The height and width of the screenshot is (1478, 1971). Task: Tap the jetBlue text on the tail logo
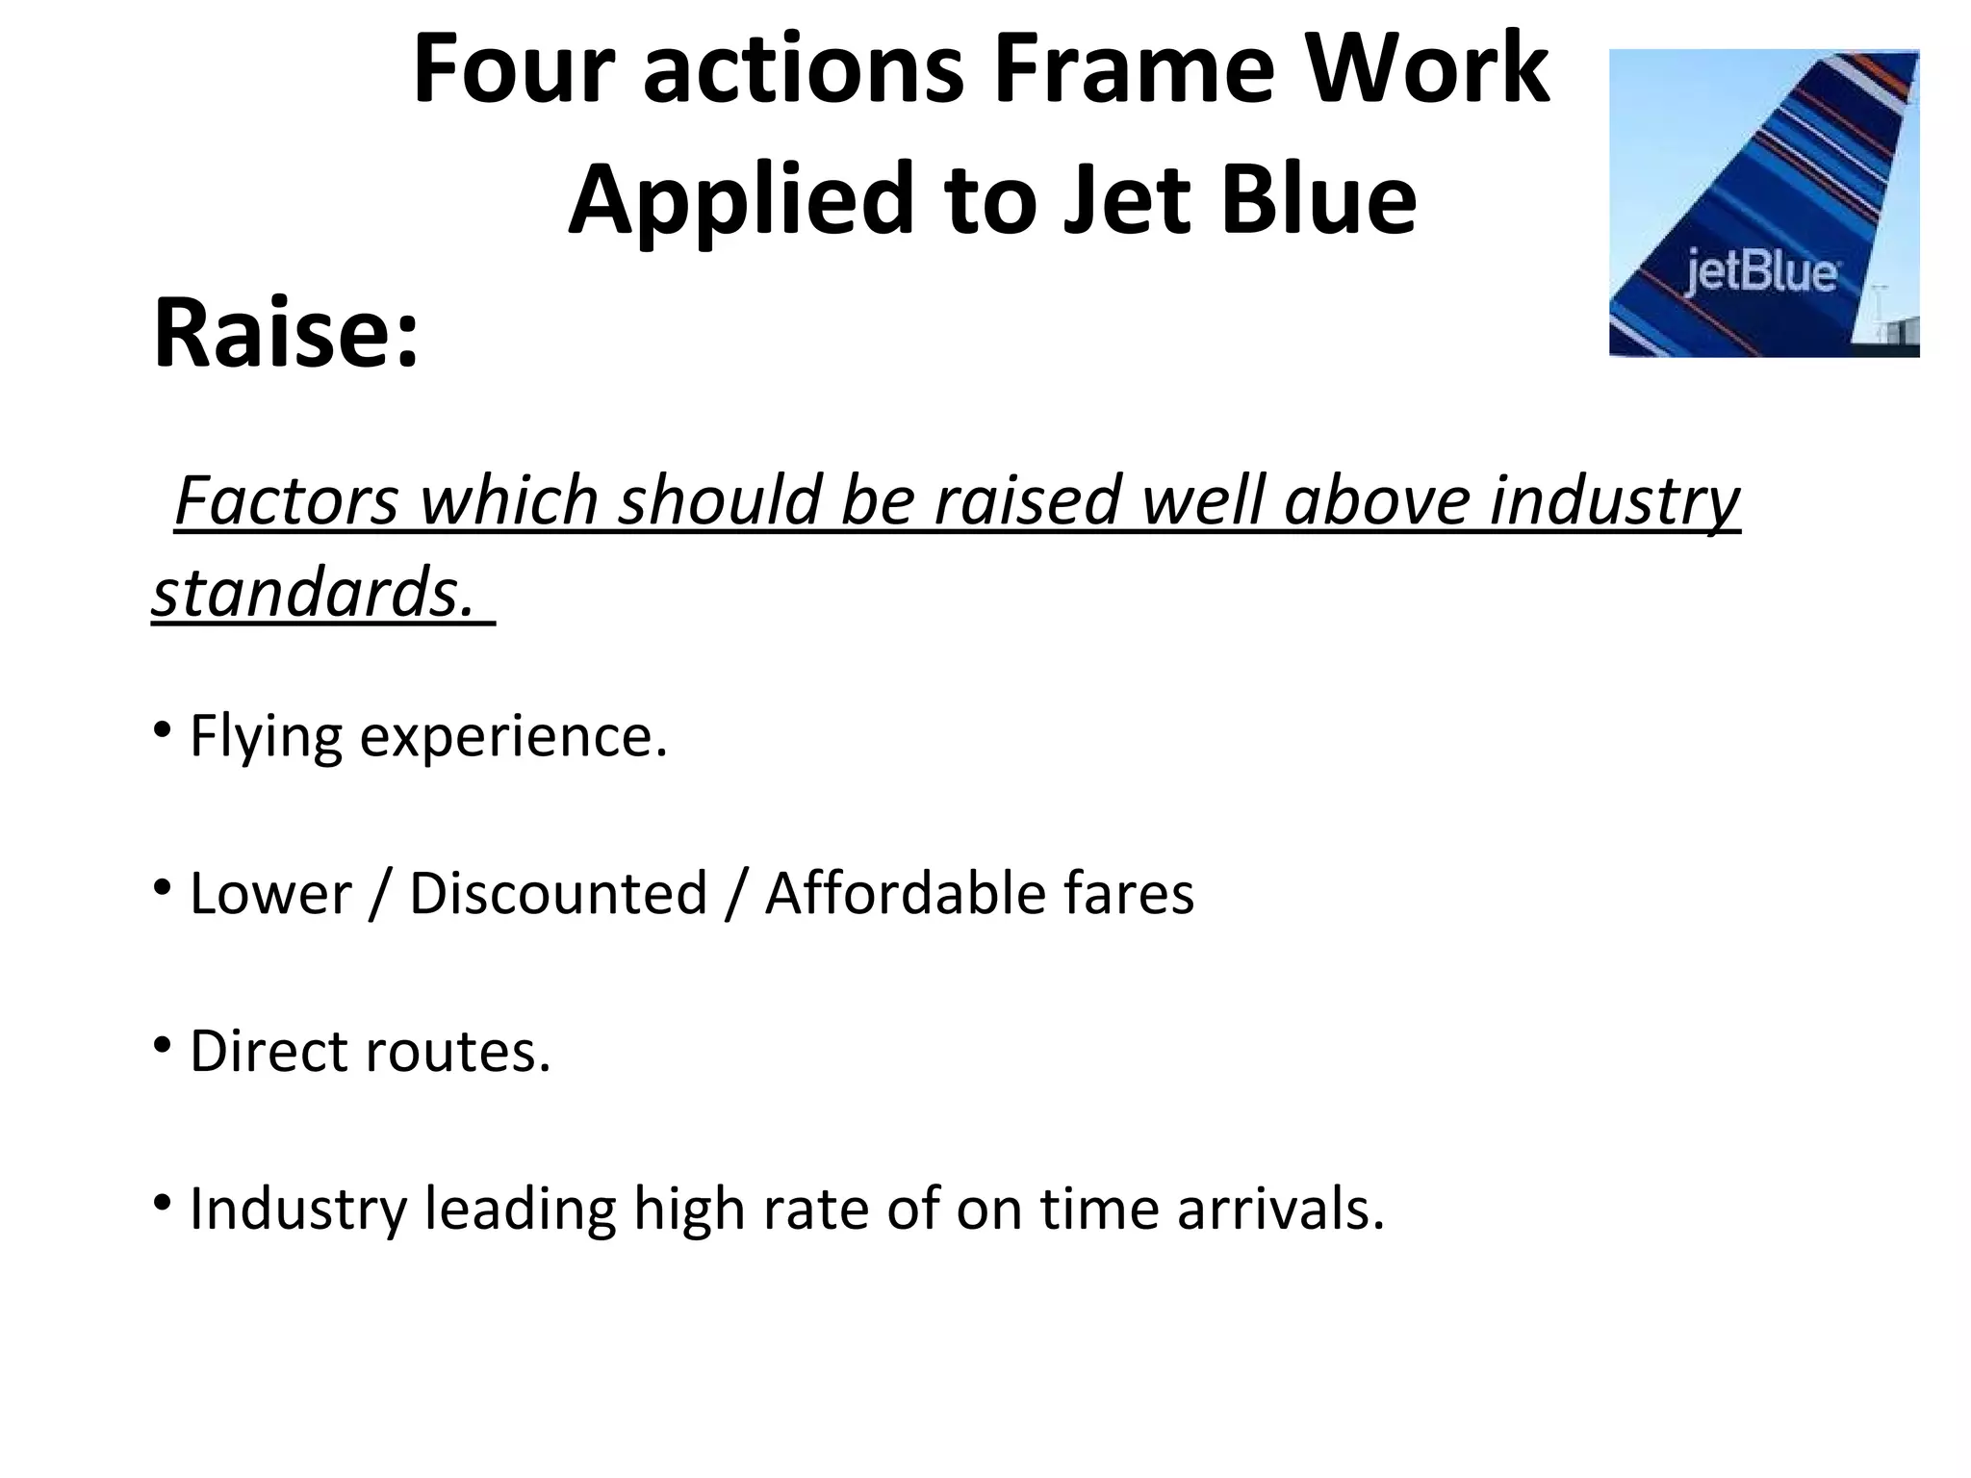[x=1760, y=272]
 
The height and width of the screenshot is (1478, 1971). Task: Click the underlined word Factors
[x=286, y=499]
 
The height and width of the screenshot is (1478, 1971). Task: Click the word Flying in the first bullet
[x=266, y=738]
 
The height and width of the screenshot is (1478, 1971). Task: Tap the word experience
[x=513, y=738]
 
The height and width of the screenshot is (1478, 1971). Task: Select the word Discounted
[x=558, y=893]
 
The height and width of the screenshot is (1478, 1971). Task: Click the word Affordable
[x=905, y=893]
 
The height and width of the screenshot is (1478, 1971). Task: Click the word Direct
[x=269, y=1050]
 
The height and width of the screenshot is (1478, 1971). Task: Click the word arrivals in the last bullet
[x=1280, y=1208]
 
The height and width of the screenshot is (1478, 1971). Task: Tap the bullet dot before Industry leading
[x=162, y=1202]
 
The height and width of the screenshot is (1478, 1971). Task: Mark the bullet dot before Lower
[x=162, y=886]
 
